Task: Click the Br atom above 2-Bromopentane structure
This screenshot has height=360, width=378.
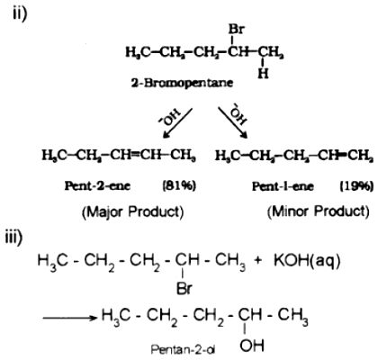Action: pyautogui.click(x=237, y=30)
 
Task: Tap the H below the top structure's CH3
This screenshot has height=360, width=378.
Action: pyautogui.click(x=263, y=74)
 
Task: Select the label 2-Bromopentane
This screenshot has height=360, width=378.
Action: pyautogui.click(x=182, y=83)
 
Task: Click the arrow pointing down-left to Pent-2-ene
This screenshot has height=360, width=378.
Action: pyautogui.click(x=177, y=123)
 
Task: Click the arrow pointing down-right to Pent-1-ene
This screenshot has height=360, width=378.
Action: pyautogui.click(x=233, y=122)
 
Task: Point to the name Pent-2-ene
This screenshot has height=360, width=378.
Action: pyautogui.click(x=97, y=186)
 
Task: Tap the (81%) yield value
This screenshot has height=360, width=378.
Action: pyautogui.click(x=179, y=186)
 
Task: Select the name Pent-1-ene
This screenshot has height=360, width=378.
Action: pyautogui.click(x=283, y=186)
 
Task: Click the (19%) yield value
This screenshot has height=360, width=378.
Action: pyautogui.click(x=356, y=186)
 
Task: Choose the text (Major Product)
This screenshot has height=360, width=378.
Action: pyautogui.click(x=133, y=212)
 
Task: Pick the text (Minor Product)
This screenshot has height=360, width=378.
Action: pyautogui.click(x=319, y=211)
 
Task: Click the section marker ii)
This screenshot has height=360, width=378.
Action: pyautogui.click(x=20, y=13)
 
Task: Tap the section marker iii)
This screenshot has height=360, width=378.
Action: pyautogui.click(x=14, y=238)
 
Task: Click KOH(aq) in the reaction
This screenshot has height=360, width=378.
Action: pyautogui.click(x=307, y=261)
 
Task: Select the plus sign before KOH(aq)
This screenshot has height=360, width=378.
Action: pyautogui.click(x=258, y=261)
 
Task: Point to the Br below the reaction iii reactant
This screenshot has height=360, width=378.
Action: pyautogui.click(x=184, y=289)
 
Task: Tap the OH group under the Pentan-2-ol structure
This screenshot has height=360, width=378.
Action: pyautogui.click(x=252, y=346)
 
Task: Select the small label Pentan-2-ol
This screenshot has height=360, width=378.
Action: pyautogui.click(x=183, y=349)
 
